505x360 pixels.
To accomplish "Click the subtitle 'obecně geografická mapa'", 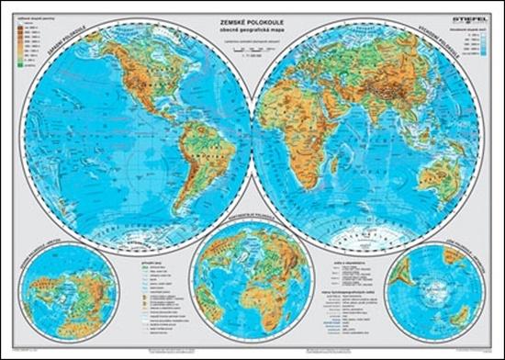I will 252,25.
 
